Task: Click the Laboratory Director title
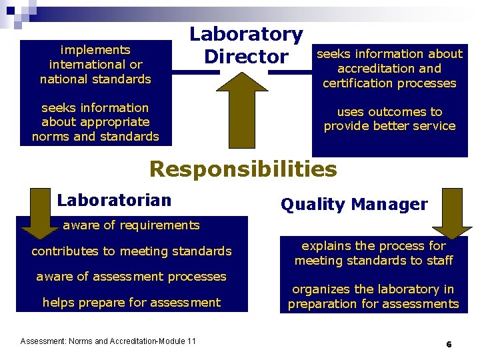[246, 45]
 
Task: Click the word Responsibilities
[243, 169]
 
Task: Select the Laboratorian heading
[114, 200]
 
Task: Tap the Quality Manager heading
[354, 205]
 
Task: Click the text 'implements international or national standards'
[95, 65]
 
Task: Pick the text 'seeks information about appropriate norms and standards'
[95, 122]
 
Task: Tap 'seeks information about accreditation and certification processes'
[389, 69]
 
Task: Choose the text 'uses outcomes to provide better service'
[389, 119]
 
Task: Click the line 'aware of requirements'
[131, 225]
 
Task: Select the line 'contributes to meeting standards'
[131, 251]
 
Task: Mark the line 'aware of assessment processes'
[131, 277]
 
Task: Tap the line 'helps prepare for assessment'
[131, 303]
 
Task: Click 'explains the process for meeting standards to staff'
[373, 253]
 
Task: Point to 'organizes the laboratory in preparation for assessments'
[373, 297]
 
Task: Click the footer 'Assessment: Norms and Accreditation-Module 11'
[108, 341]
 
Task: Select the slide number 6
[449, 345]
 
